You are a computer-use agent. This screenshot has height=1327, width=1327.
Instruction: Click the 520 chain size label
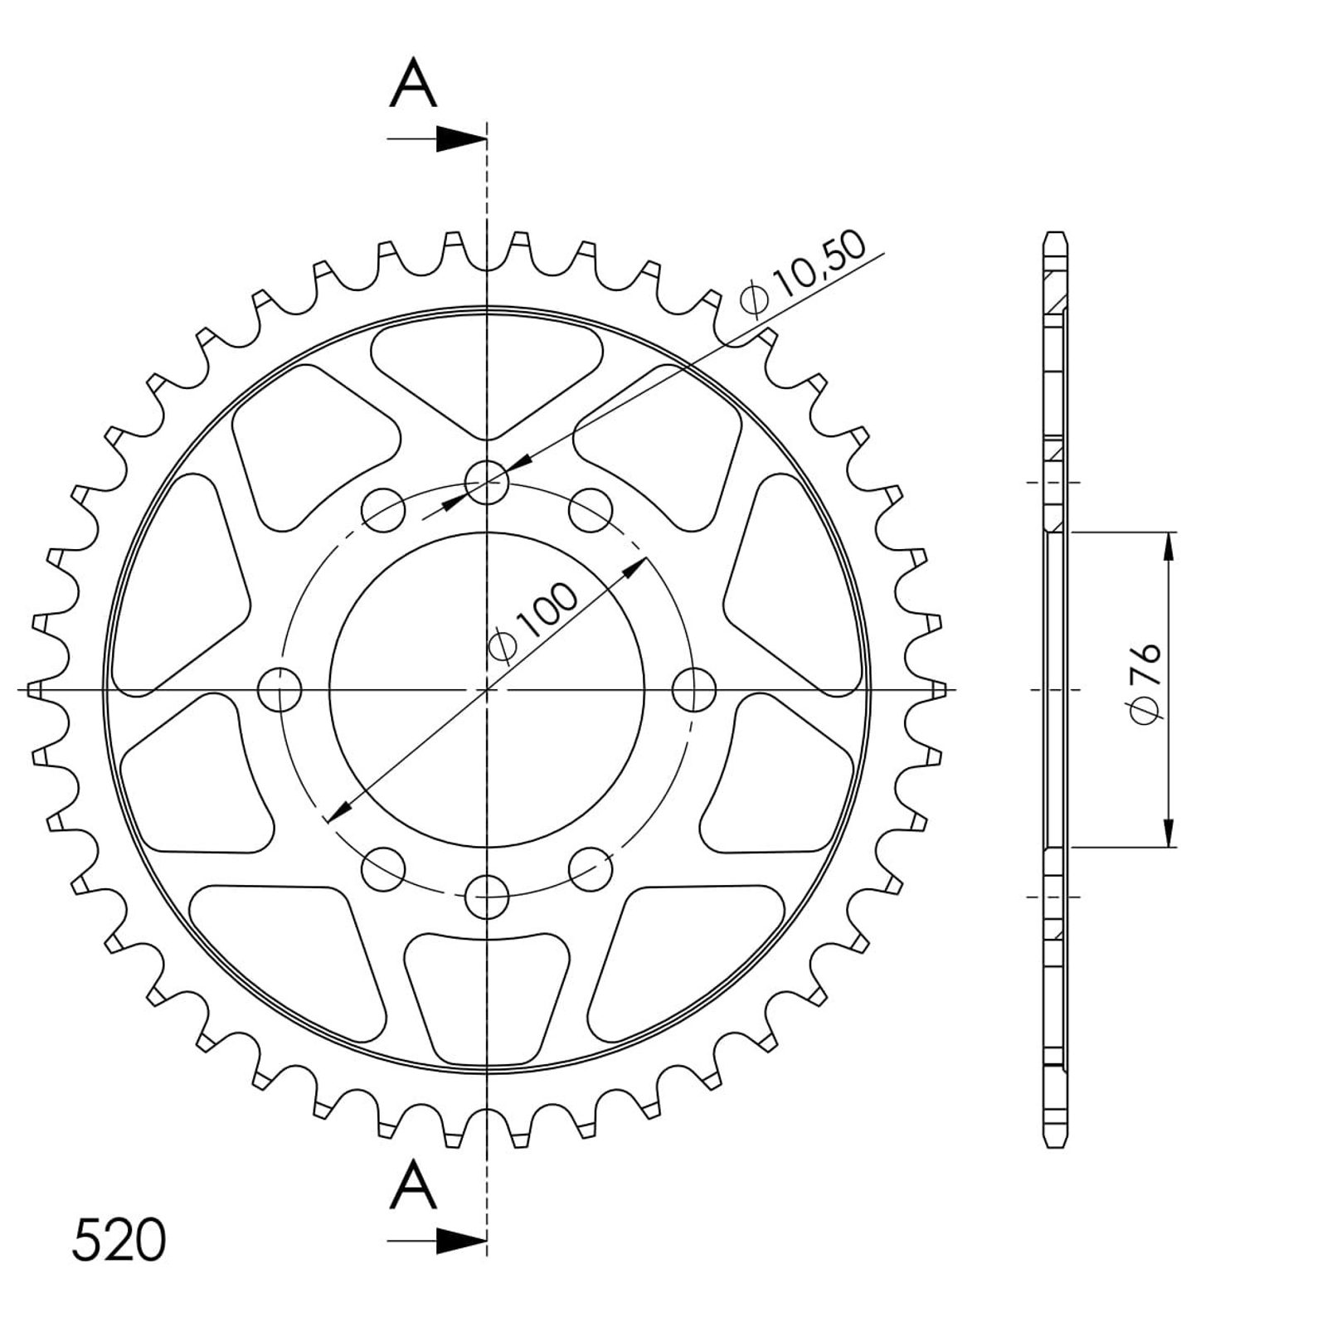tap(119, 1241)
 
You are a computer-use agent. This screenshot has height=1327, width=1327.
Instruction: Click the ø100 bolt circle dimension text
tap(535, 622)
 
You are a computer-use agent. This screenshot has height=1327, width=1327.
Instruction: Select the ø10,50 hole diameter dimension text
tap(804, 273)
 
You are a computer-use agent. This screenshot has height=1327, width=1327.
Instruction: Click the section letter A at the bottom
tap(413, 1186)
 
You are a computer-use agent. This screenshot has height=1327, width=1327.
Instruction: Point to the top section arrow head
tap(460, 139)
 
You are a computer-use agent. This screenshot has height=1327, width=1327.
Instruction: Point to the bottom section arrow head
tap(460, 1242)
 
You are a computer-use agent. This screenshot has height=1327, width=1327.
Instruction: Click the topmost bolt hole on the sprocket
tap(487, 482)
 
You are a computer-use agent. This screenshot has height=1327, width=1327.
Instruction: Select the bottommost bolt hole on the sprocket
tap(487, 896)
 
